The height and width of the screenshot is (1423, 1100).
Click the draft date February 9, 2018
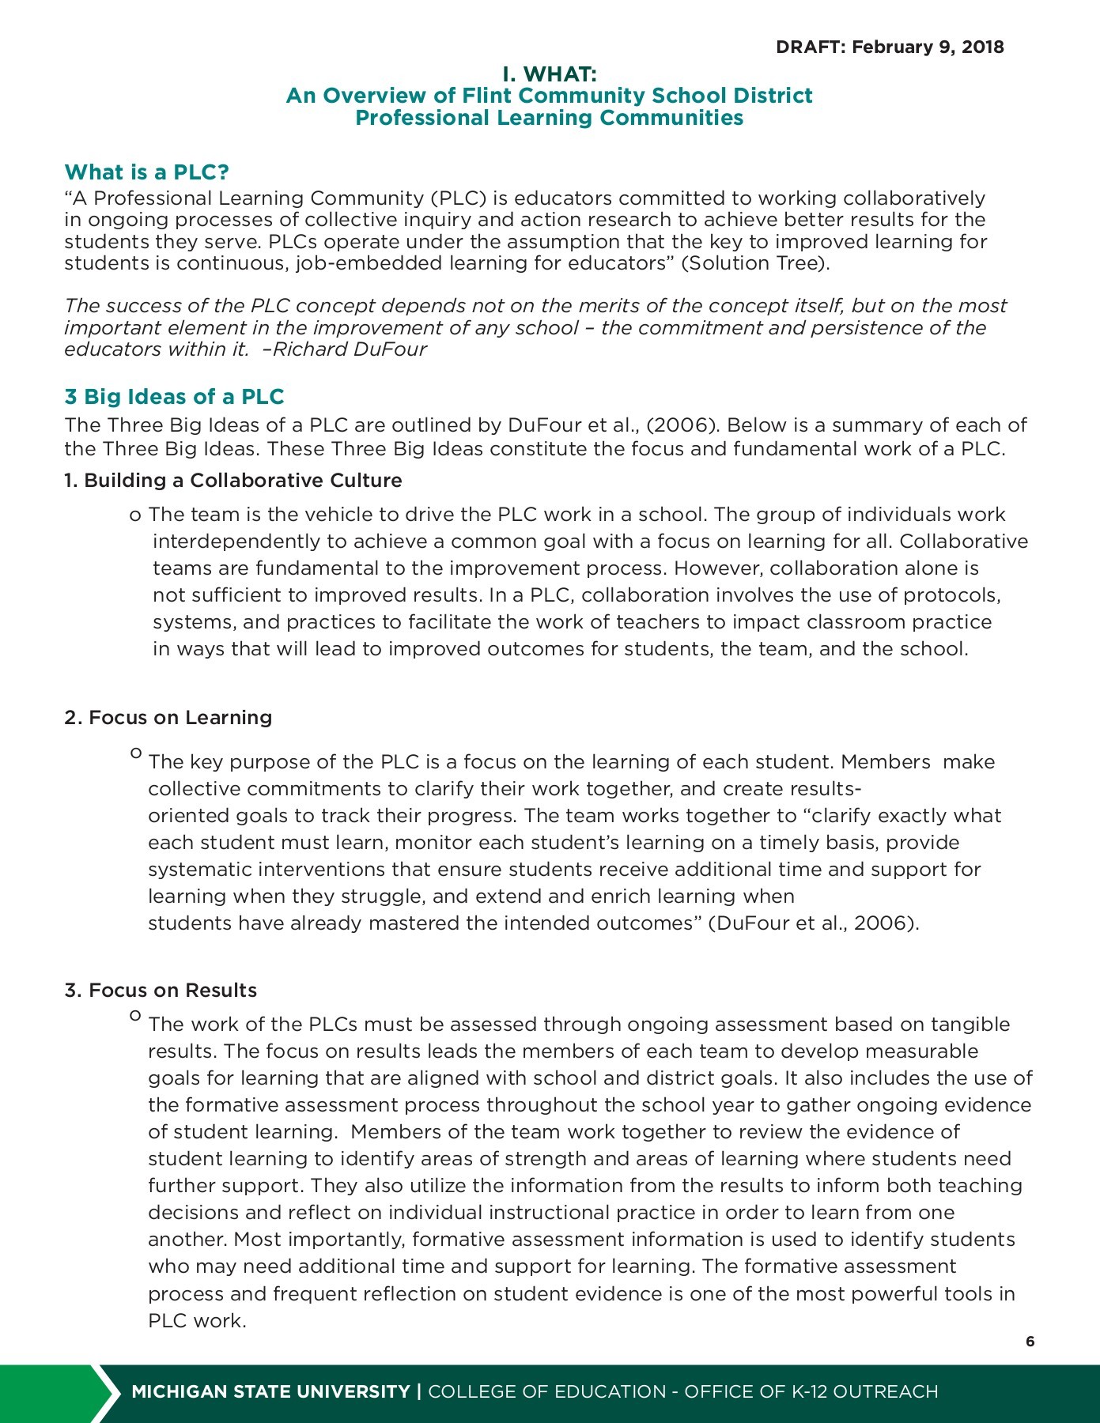928,47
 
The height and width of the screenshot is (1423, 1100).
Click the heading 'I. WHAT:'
550,74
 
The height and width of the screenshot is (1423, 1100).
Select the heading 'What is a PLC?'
146,172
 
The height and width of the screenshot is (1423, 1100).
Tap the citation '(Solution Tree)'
755,263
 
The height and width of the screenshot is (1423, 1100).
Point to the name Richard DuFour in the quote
350,349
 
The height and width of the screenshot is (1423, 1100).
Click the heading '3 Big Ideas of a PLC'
174,397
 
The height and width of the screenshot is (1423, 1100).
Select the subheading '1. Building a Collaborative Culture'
233,481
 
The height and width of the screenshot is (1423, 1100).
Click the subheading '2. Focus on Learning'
168,718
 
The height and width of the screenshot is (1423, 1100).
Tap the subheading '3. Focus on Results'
161,991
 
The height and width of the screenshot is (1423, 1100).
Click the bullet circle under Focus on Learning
136,753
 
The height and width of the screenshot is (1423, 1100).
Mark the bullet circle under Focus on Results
136,1016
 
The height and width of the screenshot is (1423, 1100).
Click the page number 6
1030,1342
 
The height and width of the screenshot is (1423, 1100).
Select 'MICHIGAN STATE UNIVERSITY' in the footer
270,1392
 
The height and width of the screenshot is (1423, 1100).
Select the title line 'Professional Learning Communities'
550,118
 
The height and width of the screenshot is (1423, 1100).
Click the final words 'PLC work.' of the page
198,1321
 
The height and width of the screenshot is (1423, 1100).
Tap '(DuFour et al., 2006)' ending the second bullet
813,923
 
